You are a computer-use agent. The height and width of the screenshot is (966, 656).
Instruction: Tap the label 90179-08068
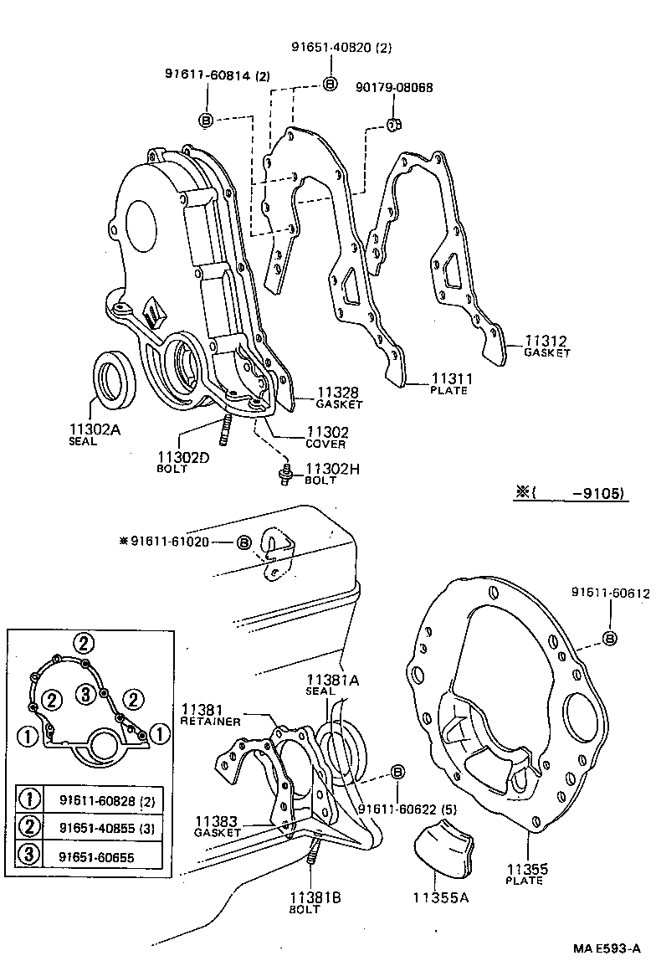coord(394,87)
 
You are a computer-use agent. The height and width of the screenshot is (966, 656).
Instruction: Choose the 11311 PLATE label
coord(450,382)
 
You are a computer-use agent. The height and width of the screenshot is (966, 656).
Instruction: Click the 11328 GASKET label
coord(339,397)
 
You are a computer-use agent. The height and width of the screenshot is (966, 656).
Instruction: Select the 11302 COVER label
coord(325,436)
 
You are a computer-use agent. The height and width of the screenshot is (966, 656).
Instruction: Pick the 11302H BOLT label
coord(331,474)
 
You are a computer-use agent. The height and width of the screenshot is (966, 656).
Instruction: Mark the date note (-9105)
coord(570,493)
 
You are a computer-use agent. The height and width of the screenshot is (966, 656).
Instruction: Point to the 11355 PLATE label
coord(525,873)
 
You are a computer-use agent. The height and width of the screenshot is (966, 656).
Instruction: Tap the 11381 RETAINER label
coord(210,714)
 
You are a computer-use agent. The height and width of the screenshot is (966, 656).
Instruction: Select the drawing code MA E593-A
coord(607,948)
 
